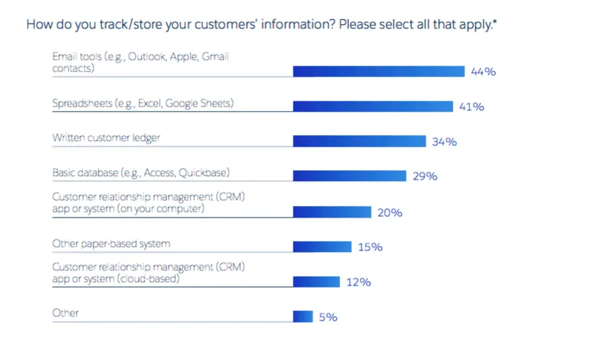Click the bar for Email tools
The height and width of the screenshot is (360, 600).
pos(378,71)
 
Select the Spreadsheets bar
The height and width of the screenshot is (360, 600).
pos(372,106)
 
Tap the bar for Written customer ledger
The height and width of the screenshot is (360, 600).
pos(359,141)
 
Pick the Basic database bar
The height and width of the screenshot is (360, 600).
pos(349,176)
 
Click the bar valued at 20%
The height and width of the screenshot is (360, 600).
pos(332,212)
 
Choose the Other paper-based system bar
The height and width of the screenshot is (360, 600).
pos(322,247)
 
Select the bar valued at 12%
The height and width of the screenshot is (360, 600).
pos(316,282)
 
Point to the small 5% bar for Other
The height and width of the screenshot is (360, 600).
pos(303,317)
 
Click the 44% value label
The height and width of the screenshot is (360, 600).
pos(483,72)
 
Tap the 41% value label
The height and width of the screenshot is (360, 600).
pos(472,107)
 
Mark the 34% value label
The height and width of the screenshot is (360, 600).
pos(444,142)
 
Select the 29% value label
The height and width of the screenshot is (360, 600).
pos(424,177)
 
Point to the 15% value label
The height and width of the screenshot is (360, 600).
pos(370,248)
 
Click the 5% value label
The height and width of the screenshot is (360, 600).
pos(328,318)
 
